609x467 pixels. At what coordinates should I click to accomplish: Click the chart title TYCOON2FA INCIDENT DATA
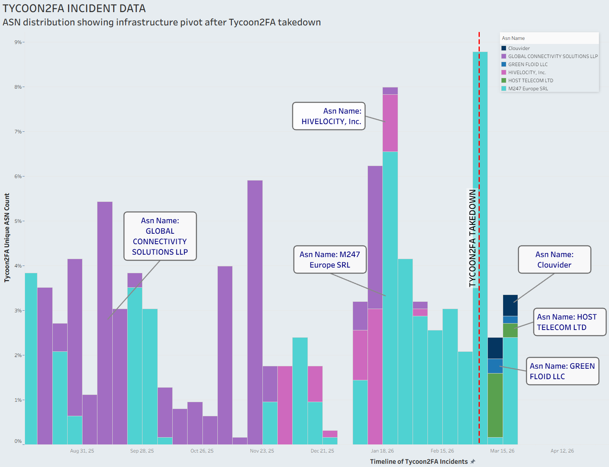(74, 8)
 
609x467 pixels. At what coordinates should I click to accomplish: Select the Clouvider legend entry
(518, 48)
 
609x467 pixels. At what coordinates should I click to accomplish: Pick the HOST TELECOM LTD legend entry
(530, 81)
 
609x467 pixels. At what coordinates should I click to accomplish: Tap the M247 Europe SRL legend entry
(528, 89)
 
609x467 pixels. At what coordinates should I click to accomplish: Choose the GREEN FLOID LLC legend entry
(527, 64)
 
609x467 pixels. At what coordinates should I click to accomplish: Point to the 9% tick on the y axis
(18, 42)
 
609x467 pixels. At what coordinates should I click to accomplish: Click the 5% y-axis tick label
(18, 221)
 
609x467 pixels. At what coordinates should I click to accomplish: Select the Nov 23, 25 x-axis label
(262, 451)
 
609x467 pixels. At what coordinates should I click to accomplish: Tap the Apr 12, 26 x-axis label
(562, 451)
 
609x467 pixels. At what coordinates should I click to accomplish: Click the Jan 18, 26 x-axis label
(382, 451)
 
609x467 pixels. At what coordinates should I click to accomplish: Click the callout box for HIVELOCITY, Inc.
(328, 116)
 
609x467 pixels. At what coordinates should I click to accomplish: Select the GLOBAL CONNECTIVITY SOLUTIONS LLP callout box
(160, 236)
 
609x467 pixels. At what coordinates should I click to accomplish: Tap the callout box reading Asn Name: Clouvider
(554, 259)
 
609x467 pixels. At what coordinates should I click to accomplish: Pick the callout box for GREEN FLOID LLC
(562, 371)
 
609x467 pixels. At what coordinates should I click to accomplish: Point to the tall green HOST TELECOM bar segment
(495, 405)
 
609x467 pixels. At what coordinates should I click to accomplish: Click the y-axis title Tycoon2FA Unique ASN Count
(7, 238)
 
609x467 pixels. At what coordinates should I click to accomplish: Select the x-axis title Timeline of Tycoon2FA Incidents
(419, 462)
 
